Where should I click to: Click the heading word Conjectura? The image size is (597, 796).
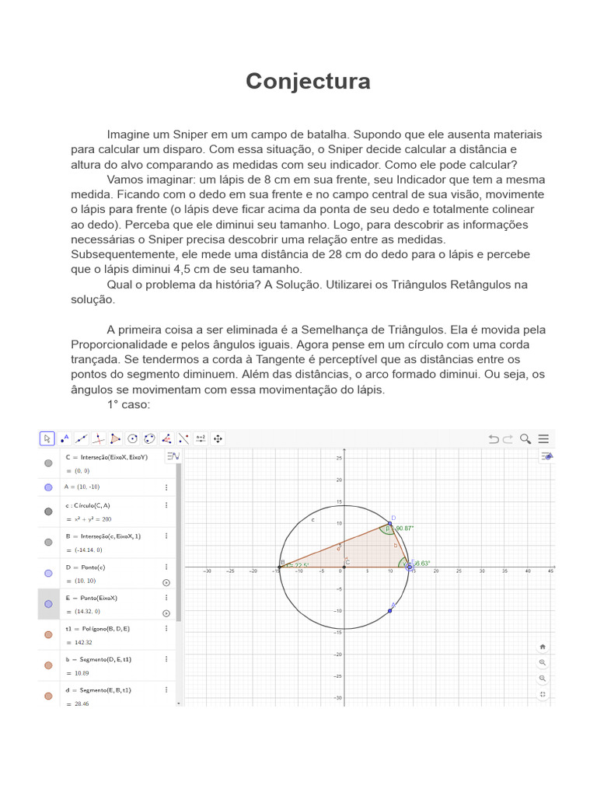point(308,82)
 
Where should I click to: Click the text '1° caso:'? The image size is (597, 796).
point(128,405)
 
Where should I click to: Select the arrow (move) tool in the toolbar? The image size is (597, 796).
point(47,438)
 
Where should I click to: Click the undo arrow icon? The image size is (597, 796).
point(493,438)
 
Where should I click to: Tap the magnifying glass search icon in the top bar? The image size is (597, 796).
point(526,438)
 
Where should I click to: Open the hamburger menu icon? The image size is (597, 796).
point(544,438)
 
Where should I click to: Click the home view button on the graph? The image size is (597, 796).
point(543,646)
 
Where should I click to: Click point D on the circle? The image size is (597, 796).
point(389,522)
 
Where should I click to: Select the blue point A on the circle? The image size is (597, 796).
point(389,610)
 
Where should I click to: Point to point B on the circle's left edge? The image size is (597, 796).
point(280,566)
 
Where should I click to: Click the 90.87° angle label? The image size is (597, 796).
point(404,529)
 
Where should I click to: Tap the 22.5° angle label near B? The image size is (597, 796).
point(300,565)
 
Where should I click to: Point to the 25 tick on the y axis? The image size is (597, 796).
point(339,458)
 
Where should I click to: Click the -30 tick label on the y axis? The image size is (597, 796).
point(337,697)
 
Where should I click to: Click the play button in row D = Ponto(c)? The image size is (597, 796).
point(166,582)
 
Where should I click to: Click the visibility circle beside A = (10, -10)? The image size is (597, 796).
point(48,487)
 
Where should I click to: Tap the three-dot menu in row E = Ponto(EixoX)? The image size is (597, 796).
point(166,598)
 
